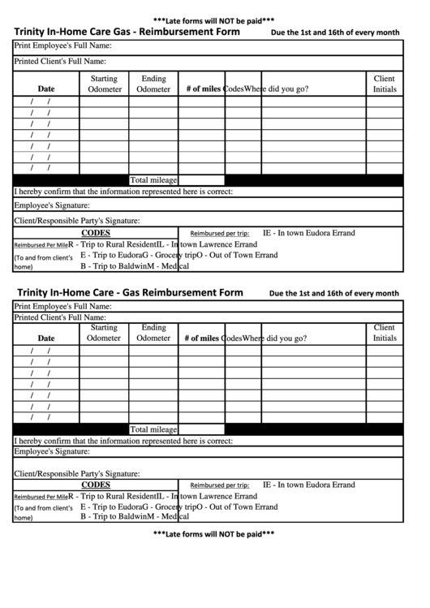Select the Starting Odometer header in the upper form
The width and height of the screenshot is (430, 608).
point(104,84)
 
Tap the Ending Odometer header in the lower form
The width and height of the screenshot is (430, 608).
point(153,333)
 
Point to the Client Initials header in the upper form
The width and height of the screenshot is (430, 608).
point(385,84)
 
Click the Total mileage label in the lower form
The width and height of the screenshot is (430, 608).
point(153,429)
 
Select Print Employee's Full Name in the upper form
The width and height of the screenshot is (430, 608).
point(62,47)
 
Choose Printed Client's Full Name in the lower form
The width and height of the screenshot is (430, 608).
point(60,318)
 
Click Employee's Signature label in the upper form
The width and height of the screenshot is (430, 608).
point(51,205)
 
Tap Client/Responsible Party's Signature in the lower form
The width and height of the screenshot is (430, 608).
point(77,473)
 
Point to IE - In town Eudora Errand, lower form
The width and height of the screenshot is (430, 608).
point(308,485)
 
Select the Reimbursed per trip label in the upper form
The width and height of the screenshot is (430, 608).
point(219,233)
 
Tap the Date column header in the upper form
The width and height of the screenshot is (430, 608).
point(46,89)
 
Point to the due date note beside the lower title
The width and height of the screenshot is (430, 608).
point(333,293)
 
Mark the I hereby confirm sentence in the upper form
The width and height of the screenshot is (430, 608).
point(123,192)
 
